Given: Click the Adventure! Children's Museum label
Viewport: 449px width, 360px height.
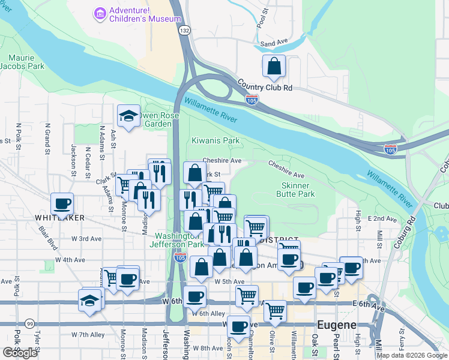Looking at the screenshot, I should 144,14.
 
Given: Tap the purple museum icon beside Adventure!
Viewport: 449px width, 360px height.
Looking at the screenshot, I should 99,13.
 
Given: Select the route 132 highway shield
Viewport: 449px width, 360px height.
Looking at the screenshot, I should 185,30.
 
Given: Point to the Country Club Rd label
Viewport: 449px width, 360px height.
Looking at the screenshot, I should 264,86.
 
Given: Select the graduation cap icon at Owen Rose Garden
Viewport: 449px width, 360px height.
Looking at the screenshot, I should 129,117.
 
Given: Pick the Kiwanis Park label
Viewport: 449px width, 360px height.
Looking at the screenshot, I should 215,141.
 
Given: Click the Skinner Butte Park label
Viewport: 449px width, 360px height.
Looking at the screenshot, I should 295,190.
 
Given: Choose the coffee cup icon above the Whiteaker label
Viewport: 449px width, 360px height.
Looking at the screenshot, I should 62,203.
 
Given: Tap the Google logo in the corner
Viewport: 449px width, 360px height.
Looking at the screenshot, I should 20,353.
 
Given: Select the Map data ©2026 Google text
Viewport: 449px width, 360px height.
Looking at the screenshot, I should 411,355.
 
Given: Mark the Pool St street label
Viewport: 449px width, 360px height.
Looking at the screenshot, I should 261,19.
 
